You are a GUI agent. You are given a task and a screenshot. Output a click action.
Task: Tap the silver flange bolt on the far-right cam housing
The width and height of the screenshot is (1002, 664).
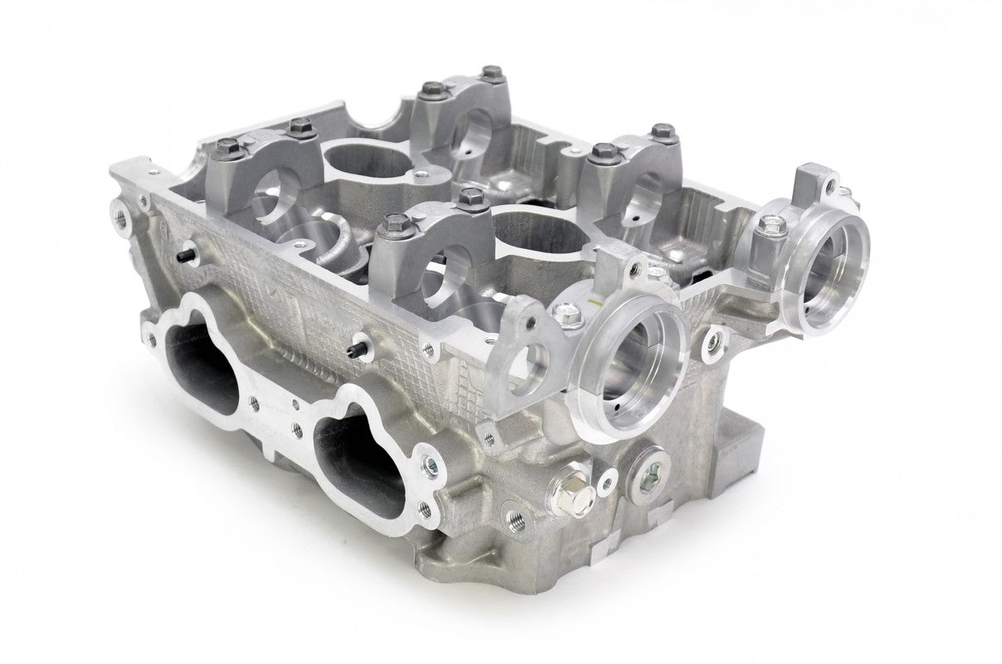click(x=773, y=223)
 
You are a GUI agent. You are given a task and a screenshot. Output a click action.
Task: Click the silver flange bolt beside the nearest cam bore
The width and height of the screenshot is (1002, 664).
click(x=567, y=314)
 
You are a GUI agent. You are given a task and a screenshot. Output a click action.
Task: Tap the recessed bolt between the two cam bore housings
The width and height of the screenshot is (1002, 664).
click(x=710, y=338)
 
